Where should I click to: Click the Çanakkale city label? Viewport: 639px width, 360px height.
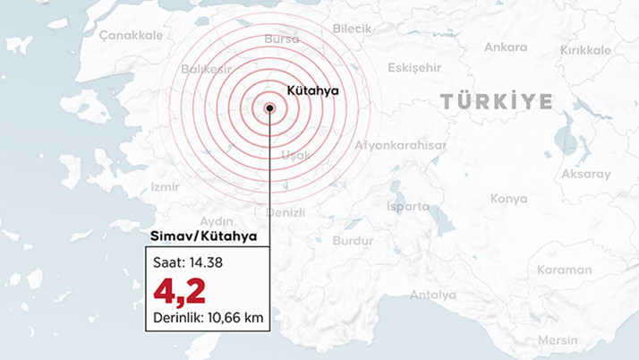pyautogui.click(x=131, y=34)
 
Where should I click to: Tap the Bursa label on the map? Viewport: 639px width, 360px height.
pyautogui.click(x=282, y=39)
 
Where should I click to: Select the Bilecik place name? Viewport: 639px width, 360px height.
pyautogui.click(x=352, y=29)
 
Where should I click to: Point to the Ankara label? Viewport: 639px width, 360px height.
pyautogui.click(x=506, y=47)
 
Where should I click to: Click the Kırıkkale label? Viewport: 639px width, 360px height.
pyautogui.click(x=585, y=50)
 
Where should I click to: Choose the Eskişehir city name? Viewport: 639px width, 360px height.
pyautogui.click(x=415, y=67)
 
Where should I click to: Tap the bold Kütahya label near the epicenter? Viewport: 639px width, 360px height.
pyautogui.click(x=312, y=90)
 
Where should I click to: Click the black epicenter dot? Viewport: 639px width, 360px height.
pyautogui.click(x=269, y=108)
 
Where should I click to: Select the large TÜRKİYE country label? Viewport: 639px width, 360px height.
pyautogui.click(x=497, y=102)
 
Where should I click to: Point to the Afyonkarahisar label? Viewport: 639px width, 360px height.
pyautogui.click(x=401, y=145)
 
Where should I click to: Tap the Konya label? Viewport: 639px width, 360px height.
pyautogui.click(x=508, y=199)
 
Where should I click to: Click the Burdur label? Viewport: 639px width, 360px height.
pyautogui.click(x=352, y=241)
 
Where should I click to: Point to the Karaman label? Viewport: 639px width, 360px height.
pyautogui.click(x=565, y=270)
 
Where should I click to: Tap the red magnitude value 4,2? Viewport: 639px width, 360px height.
pyautogui.click(x=179, y=290)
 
